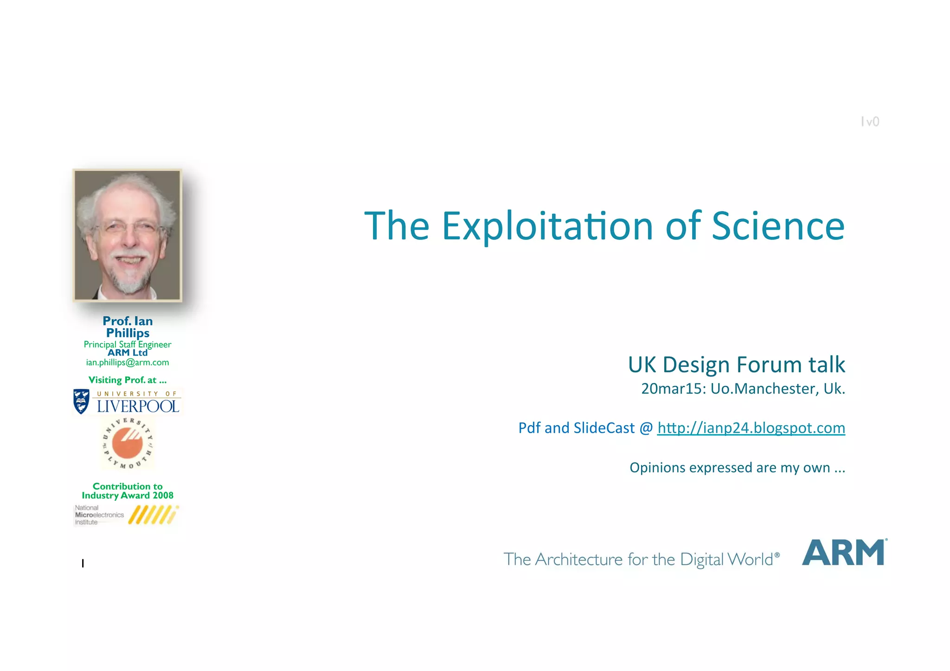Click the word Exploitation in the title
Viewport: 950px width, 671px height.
[x=547, y=226]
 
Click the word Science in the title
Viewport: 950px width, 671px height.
[x=778, y=226]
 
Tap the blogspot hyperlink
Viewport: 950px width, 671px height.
[x=751, y=428]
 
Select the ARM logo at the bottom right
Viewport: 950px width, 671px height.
[x=844, y=552]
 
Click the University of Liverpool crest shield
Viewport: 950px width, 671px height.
[x=82, y=401]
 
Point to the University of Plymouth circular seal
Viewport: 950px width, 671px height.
[x=128, y=443]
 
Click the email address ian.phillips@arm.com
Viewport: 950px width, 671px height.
[x=128, y=362]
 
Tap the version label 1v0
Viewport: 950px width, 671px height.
[x=870, y=121]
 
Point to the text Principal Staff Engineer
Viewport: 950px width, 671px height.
[x=128, y=344]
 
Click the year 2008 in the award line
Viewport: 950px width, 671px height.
[x=163, y=495]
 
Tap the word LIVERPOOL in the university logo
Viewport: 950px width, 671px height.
[x=138, y=407]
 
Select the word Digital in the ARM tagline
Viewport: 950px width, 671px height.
[x=701, y=560]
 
